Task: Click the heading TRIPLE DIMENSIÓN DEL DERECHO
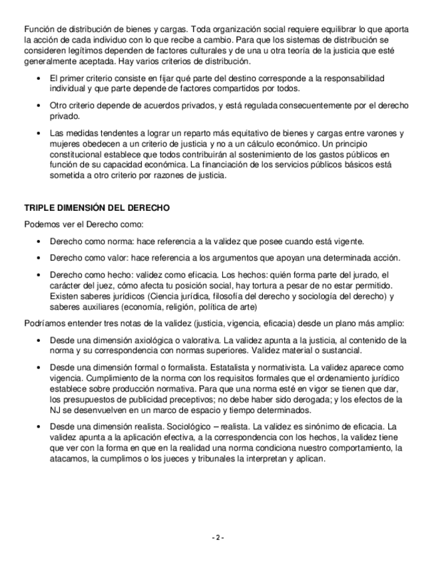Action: point(97,208)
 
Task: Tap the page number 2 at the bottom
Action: point(218,537)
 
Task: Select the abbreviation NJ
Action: point(57,410)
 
